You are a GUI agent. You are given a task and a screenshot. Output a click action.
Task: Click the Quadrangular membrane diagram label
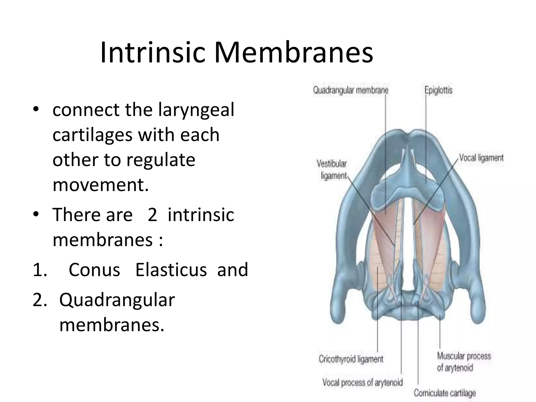click(x=351, y=90)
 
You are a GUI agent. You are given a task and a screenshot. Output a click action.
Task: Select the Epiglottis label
click(x=438, y=90)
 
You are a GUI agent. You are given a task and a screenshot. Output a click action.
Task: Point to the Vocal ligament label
click(x=481, y=158)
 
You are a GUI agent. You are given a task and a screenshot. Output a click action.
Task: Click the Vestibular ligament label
click(x=332, y=170)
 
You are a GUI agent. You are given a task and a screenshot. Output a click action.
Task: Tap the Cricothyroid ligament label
click(x=351, y=359)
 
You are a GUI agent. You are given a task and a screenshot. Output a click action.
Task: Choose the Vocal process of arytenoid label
click(x=362, y=382)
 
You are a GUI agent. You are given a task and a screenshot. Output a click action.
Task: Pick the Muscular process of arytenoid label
click(x=464, y=362)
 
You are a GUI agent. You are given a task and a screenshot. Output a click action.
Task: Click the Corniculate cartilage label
click(x=445, y=393)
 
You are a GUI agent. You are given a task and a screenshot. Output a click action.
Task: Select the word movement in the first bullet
click(x=101, y=185)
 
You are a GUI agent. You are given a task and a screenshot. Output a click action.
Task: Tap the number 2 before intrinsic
click(x=152, y=215)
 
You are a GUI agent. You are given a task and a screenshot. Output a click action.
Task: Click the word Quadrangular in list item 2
click(x=117, y=300)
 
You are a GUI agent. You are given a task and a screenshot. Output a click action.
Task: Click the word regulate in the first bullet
click(x=161, y=160)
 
